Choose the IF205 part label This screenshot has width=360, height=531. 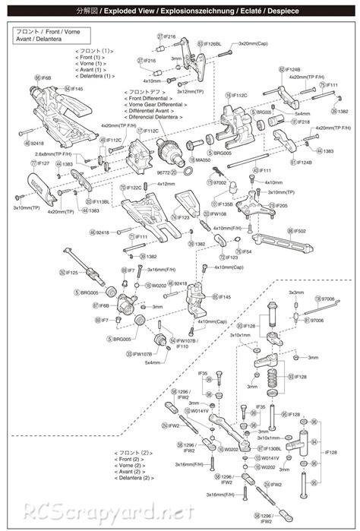[x=280, y=205]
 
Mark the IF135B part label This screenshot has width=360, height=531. [x=226, y=204]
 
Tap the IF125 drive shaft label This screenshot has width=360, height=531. [x=71, y=272]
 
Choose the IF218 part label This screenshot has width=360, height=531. [x=302, y=122]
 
